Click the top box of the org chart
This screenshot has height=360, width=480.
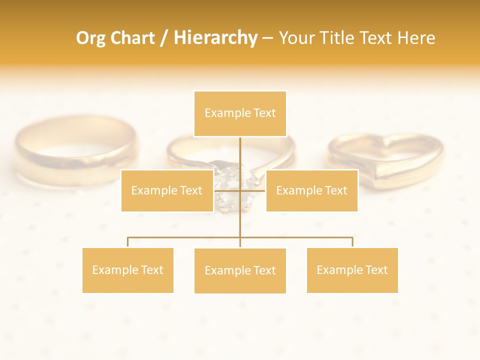click(240, 113)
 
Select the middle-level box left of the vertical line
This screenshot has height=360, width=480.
click(167, 190)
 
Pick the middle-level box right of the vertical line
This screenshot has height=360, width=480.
click(311, 190)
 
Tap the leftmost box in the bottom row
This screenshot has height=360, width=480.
click(128, 270)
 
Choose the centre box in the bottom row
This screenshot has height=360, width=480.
click(240, 270)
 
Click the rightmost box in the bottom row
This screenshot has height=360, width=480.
click(352, 270)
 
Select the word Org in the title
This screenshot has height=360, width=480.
click(90, 38)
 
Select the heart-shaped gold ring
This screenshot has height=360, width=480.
click(385, 160)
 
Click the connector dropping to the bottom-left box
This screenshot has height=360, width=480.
click(128, 242)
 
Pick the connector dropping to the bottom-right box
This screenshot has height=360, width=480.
click(352, 242)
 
